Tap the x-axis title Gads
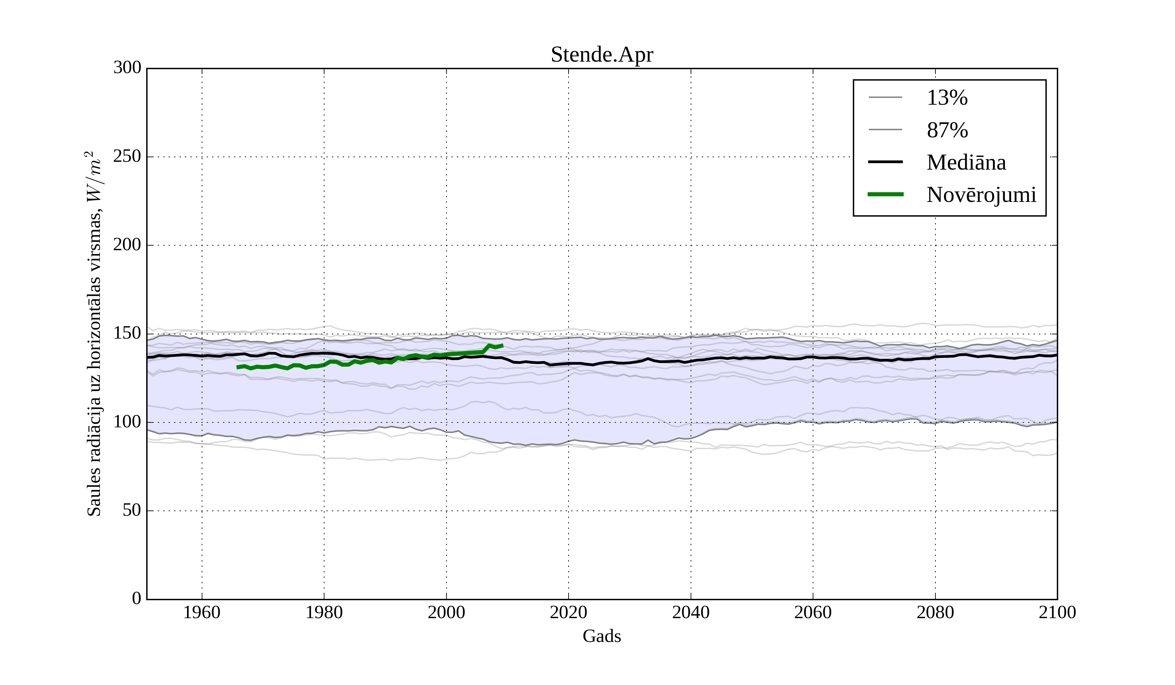pos(602,636)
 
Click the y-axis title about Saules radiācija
pos(94,334)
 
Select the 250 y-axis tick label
pos(127,157)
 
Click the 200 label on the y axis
pos(127,245)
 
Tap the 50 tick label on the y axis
pos(132,511)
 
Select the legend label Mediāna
pos(966,163)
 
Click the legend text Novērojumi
pos(981,195)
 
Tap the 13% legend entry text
pos(947,98)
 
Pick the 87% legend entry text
pos(947,130)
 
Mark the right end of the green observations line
pos(503,345)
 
